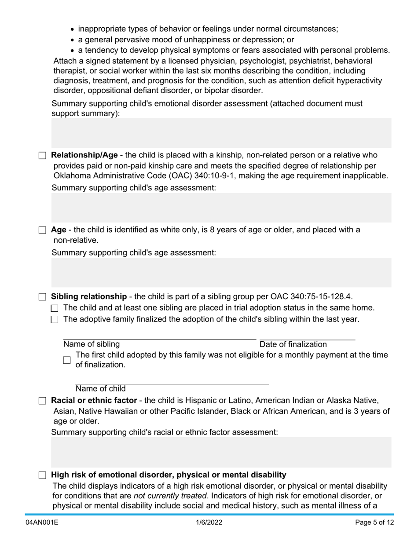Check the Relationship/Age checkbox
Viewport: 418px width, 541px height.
[42, 156]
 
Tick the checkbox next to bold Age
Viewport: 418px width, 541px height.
[42, 230]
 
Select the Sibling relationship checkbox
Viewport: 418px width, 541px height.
[42, 297]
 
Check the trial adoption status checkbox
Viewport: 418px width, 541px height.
[55, 308]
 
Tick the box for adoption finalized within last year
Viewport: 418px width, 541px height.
[55, 320]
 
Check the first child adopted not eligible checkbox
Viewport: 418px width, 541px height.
[67, 360]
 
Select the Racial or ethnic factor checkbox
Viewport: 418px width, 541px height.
[42, 401]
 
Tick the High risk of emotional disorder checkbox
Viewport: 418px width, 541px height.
[42, 475]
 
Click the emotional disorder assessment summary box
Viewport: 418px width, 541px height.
[221, 133]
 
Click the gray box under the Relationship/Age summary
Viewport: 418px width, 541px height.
[221, 208]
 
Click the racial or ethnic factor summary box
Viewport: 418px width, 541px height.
[221, 452]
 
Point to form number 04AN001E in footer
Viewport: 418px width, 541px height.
[42, 523]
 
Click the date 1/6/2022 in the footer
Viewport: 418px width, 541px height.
[209, 523]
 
